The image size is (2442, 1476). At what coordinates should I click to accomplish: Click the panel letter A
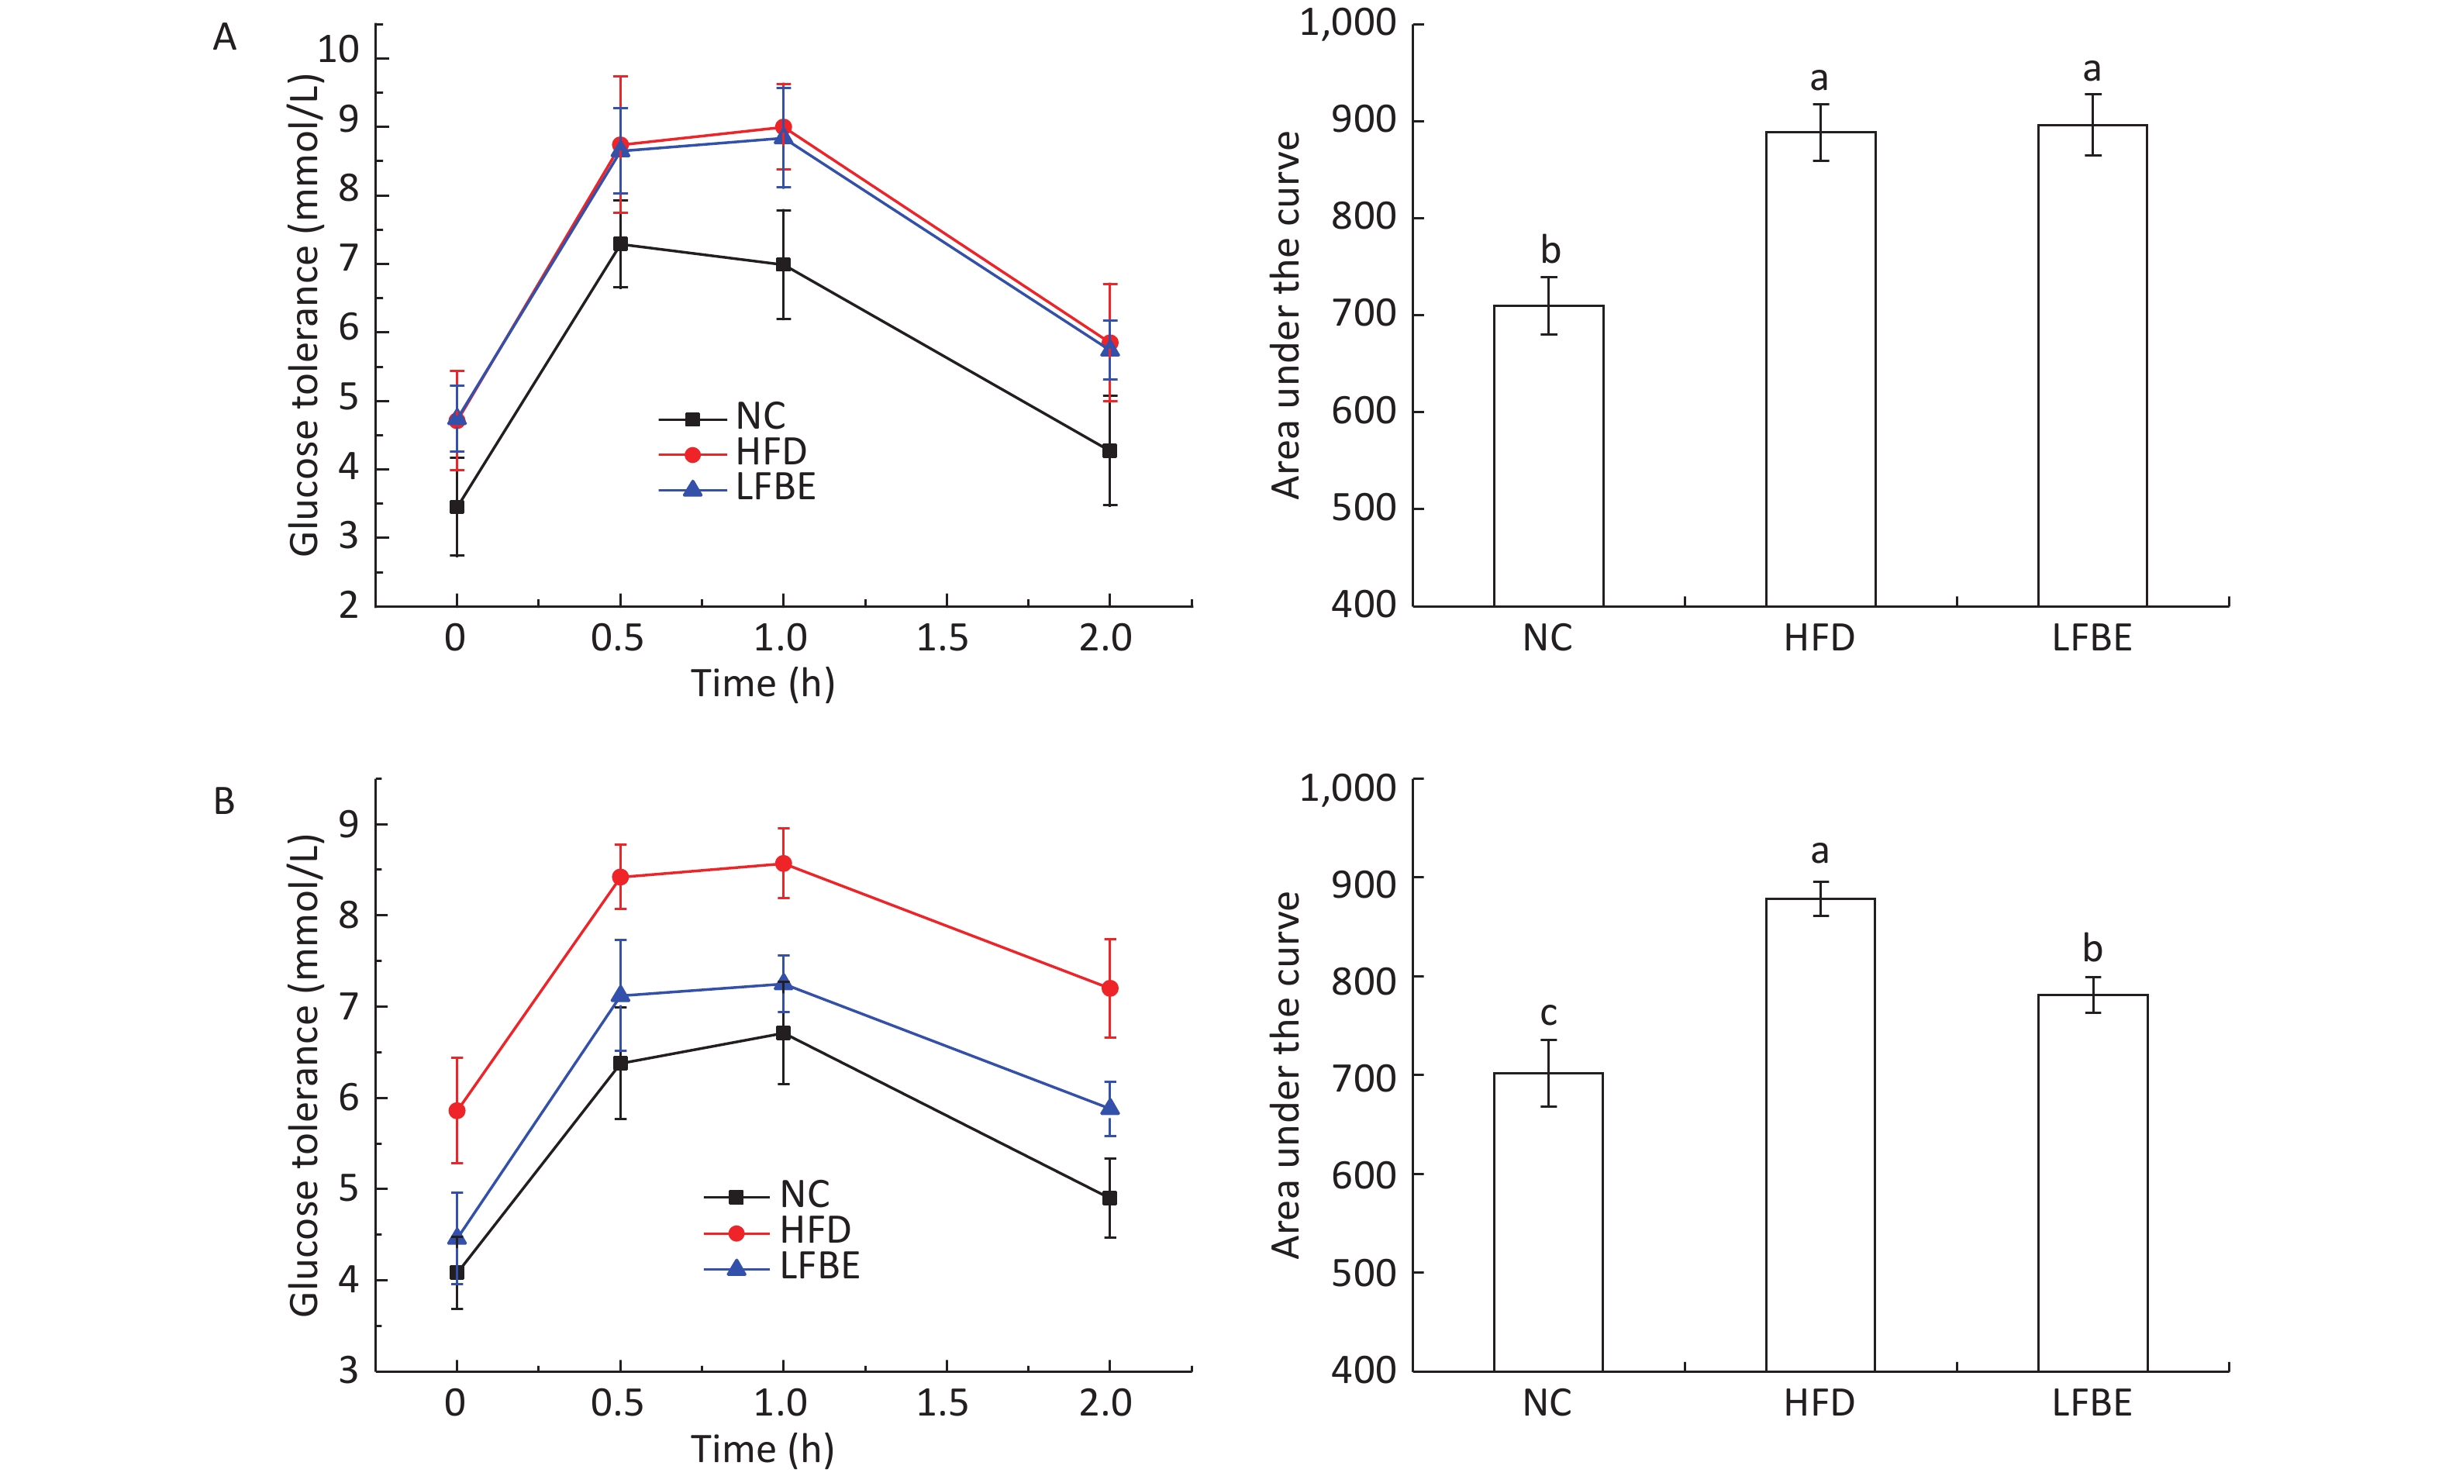tap(225, 38)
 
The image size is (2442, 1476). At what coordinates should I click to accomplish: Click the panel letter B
tap(224, 801)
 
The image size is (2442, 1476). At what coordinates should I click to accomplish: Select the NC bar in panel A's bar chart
tap(1548, 455)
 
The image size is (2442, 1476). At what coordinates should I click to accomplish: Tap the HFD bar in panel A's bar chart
tap(1819, 369)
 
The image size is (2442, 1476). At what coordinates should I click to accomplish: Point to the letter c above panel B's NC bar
tap(1548, 1013)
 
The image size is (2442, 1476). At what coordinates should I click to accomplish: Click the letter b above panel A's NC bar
tap(1550, 250)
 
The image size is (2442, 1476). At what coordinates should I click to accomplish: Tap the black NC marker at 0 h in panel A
tap(457, 506)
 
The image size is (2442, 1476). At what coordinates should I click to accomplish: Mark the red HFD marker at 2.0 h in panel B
tap(1110, 988)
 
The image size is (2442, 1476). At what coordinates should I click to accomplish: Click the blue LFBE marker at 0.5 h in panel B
tap(620, 995)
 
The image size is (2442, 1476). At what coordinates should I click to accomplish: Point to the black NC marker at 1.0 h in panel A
tap(783, 264)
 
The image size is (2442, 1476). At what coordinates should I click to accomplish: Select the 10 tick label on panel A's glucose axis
tap(338, 50)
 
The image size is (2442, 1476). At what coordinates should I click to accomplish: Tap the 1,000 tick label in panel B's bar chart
tap(1348, 788)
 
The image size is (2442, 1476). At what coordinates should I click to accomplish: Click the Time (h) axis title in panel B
tap(762, 1448)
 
